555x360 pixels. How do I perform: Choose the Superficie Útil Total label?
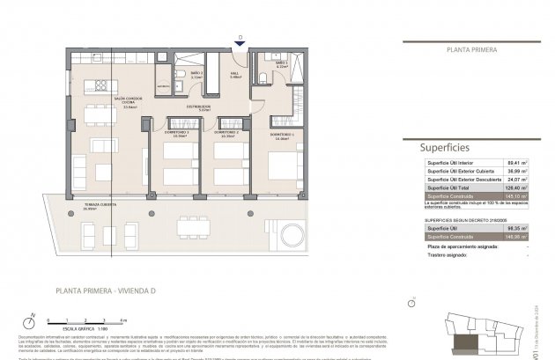(448, 188)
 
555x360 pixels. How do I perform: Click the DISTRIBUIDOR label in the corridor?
(198, 107)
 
